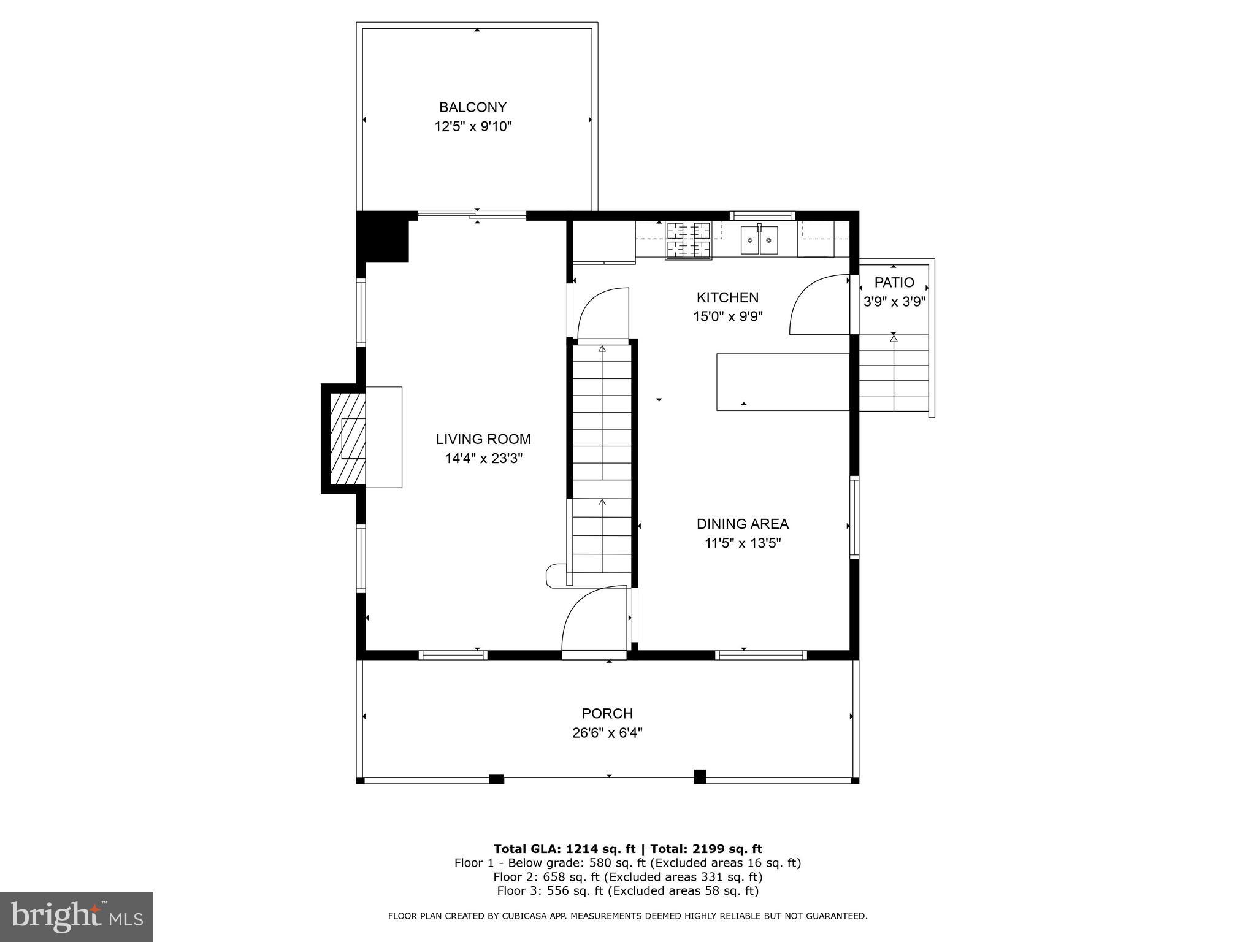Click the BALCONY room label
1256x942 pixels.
(472, 107)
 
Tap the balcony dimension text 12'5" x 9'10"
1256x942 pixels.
(472, 127)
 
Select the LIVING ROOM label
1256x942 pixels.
(483, 439)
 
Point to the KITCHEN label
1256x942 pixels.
(727, 297)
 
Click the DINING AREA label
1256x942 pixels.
(742, 524)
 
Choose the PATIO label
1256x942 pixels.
(894, 283)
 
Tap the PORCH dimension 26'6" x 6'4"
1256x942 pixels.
(607, 733)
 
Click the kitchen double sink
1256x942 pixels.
(759, 240)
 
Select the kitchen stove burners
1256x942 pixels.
(689, 240)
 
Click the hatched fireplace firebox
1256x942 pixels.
(348, 438)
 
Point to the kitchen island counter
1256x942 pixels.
(783, 381)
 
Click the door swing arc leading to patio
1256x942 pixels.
(818, 304)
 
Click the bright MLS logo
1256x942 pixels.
(76, 916)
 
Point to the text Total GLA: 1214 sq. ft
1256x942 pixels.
(564, 849)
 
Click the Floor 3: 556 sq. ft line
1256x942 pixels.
(627, 891)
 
